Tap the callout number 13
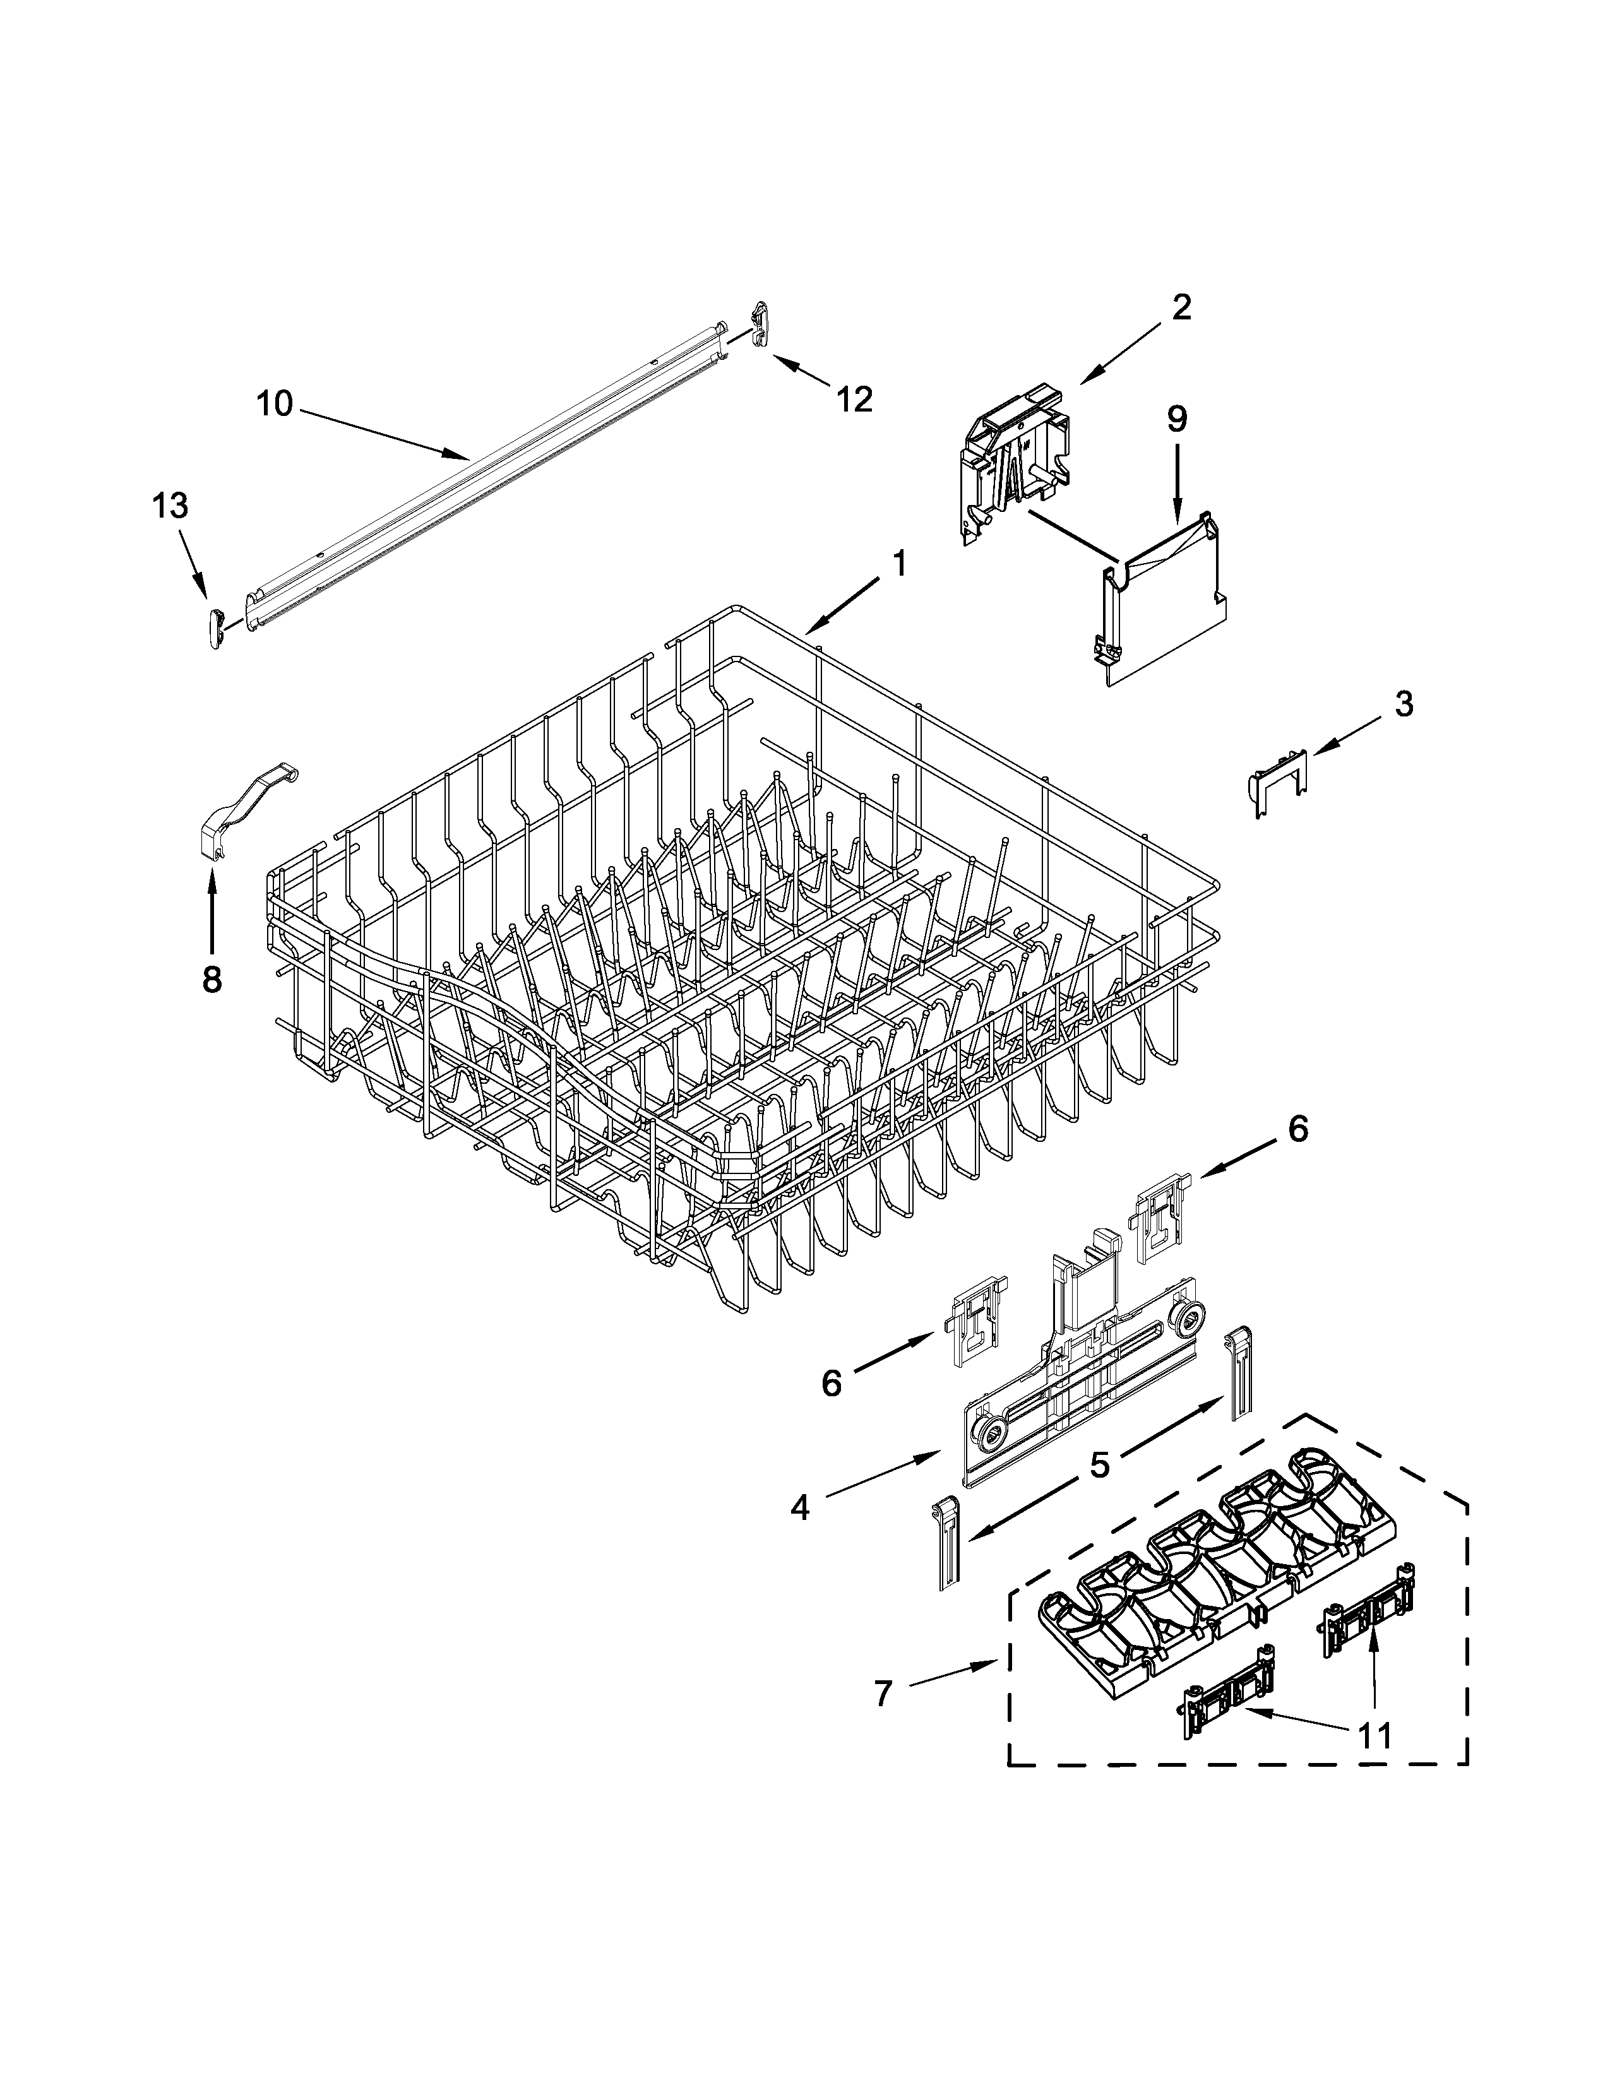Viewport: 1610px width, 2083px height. pyautogui.click(x=170, y=506)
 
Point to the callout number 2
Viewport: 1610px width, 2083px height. pyautogui.click(x=1181, y=307)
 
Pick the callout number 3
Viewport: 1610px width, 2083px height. pyautogui.click(x=1403, y=705)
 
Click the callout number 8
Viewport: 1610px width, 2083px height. pyautogui.click(x=211, y=978)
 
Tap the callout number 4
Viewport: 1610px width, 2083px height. pyautogui.click(x=799, y=1508)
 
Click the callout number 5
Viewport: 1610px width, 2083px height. pyautogui.click(x=1100, y=1464)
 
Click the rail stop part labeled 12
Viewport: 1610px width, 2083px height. pyautogui.click(x=759, y=326)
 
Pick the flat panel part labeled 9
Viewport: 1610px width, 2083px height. pyautogui.click(x=1162, y=610)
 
